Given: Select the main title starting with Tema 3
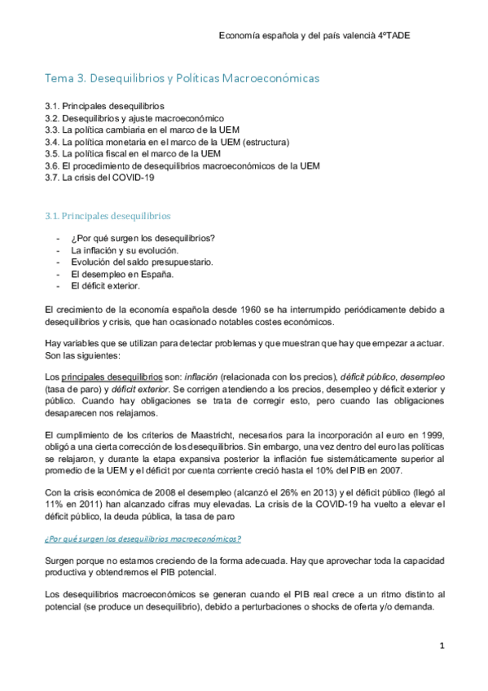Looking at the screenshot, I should coord(182,78).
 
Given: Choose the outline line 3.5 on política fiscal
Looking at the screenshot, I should coord(133,153).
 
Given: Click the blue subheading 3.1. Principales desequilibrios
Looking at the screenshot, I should coord(108,216).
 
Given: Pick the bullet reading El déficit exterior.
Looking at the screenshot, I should coord(105,286).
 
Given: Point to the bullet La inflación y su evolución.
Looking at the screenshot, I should coord(125,251).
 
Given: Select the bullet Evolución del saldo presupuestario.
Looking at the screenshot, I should coord(142,262).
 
